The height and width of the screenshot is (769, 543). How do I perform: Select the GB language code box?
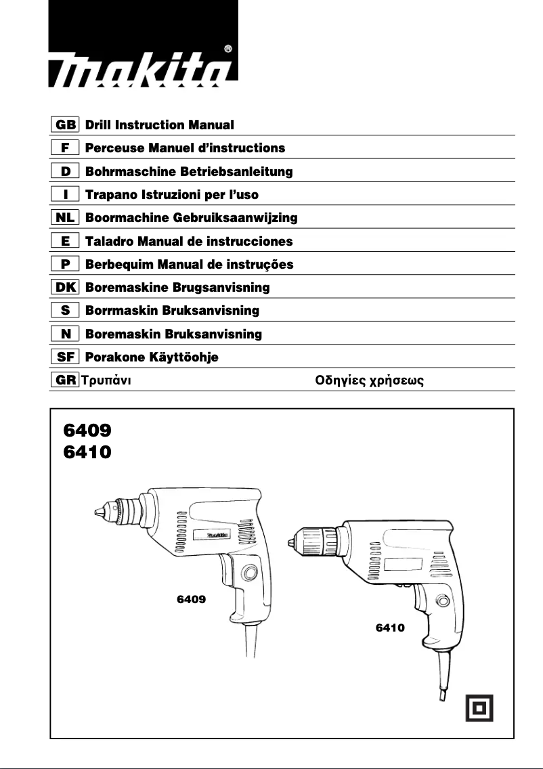(x=66, y=125)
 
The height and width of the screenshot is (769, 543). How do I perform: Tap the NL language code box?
(x=66, y=217)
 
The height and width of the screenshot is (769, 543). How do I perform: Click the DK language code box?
(x=66, y=287)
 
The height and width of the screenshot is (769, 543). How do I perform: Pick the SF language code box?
(x=66, y=357)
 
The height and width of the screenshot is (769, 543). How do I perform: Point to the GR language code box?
(x=66, y=380)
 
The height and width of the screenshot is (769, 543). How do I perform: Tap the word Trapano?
(x=108, y=194)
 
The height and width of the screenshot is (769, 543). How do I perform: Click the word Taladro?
(x=108, y=241)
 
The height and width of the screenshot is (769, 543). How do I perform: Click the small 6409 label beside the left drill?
(x=191, y=599)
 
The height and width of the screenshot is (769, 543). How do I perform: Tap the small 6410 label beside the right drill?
(x=390, y=628)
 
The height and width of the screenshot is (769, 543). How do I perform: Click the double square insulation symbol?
(x=479, y=707)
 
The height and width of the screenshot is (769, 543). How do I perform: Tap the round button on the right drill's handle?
(x=443, y=600)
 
